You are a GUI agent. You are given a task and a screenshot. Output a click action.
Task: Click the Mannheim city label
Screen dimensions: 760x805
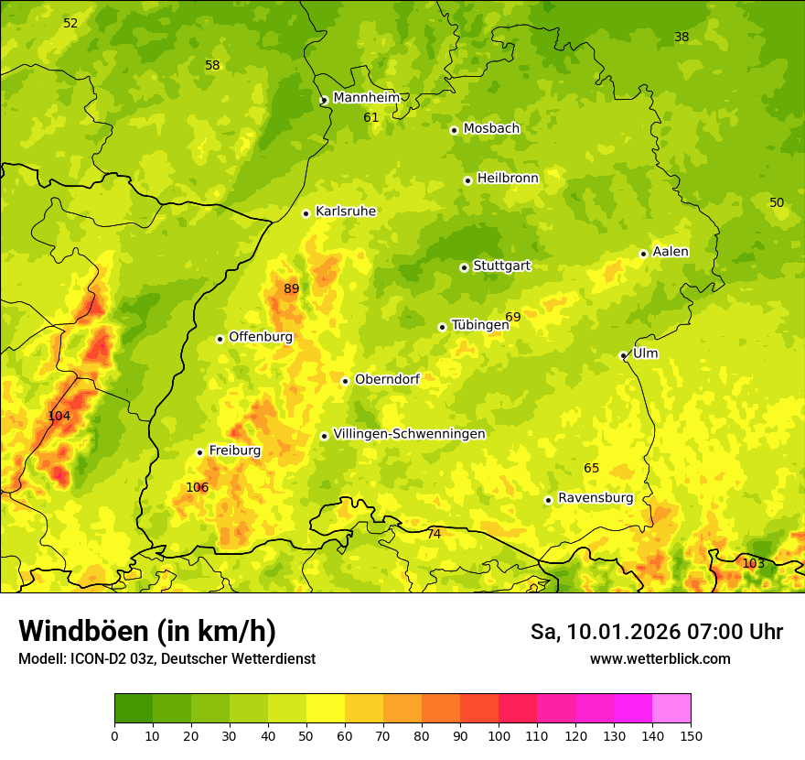click(366, 98)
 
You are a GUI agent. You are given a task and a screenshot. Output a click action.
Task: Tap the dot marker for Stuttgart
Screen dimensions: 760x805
click(464, 267)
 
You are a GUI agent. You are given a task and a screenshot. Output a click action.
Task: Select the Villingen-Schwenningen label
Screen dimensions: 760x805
click(409, 434)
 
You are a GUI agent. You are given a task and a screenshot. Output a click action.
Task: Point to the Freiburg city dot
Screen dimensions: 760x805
click(199, 452)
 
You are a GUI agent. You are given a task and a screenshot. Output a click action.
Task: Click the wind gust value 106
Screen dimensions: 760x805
click(197, 487)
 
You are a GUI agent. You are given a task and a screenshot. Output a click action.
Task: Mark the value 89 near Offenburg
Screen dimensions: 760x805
click(291, 289)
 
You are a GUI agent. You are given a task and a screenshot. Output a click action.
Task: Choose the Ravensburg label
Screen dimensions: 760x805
click(595, 498)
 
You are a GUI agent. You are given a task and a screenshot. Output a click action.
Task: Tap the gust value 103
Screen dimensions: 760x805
click(753, 563)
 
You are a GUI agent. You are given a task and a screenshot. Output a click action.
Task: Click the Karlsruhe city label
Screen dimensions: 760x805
click(345, 212)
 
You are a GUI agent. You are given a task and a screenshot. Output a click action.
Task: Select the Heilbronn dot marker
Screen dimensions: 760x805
click(467, 180)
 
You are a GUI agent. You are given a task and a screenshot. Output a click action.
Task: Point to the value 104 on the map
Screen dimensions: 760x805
click(59, 416)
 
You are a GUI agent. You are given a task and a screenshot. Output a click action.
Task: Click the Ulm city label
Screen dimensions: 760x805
click(645, 353)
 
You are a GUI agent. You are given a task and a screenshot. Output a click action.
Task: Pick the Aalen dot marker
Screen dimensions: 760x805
click(643, 254)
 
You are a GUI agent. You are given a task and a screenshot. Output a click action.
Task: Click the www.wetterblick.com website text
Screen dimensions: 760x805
click(660, 658)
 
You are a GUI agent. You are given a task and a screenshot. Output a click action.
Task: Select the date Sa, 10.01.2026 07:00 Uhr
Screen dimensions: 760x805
click(656, 632)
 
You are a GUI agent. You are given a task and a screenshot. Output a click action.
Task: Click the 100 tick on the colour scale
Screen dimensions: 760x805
click(499, 735)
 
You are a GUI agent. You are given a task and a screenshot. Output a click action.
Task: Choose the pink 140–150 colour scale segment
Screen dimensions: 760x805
click(671, 708)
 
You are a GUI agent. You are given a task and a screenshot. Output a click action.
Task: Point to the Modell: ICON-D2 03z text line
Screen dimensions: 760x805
click(166, 658)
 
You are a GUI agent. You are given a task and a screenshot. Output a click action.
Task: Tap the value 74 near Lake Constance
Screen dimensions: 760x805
click(434, 534)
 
